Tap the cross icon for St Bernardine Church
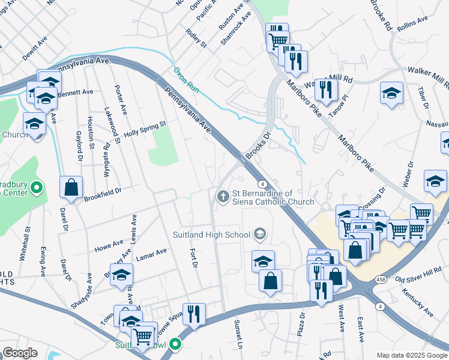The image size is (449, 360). point(223,196)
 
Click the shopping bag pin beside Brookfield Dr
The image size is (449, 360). point(71,187)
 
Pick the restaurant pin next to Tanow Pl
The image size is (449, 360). point(325,89)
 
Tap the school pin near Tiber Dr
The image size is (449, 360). point(391,93)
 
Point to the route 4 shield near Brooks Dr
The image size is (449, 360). point(262,182)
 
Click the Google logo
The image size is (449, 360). point(20,352)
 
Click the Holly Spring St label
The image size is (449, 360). point(144,129)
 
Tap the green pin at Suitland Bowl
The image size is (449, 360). point(175,345)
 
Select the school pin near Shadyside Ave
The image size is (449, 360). point(122,274)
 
